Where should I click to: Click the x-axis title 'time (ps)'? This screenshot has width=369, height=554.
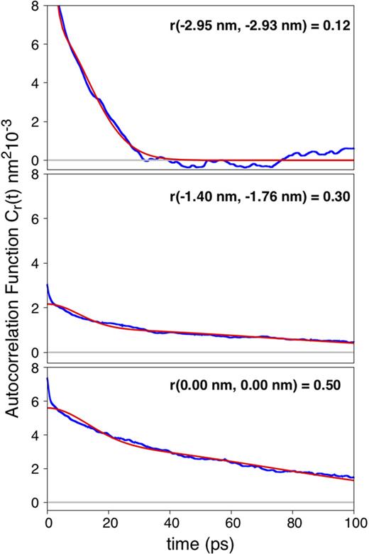[201, 544]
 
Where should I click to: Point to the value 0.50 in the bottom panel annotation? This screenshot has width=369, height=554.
[333, 387]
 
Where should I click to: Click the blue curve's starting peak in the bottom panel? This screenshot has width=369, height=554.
[48, 379]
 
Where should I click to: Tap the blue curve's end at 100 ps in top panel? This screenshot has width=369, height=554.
[353, 148]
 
